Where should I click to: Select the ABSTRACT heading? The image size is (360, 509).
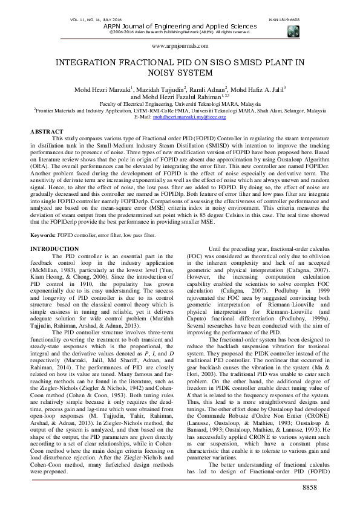click(x=47, y=131)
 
